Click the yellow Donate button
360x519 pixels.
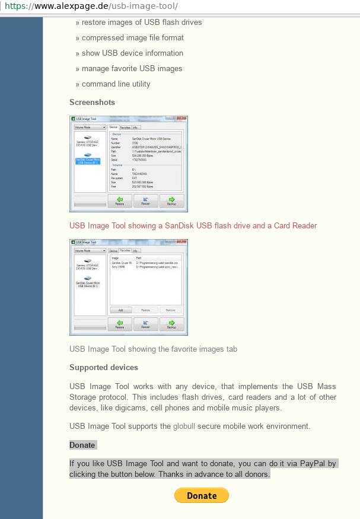coord(201,495)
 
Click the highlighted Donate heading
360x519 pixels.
coord(82,445)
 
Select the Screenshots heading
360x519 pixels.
coord(92,102)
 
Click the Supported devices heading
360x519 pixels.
coord(104,367)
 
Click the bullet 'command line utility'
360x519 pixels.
coord(116,84)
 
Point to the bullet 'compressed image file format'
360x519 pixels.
coord(132,37)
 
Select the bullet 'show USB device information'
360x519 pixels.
coord(132,53)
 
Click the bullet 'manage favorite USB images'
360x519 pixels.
coord(132,68)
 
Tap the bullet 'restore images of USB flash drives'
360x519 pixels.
coord(142,22)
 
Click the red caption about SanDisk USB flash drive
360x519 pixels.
coord(193,225)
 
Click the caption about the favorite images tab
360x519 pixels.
coord(153,349)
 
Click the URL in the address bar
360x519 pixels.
coord(91,6)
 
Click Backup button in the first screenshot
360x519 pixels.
coord(171,200)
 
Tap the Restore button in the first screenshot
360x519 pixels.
coord(120,200)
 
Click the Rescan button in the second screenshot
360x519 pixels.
coord(145,324)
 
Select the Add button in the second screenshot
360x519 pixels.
coord(120,310)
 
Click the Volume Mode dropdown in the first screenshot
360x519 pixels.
coord(90,127)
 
